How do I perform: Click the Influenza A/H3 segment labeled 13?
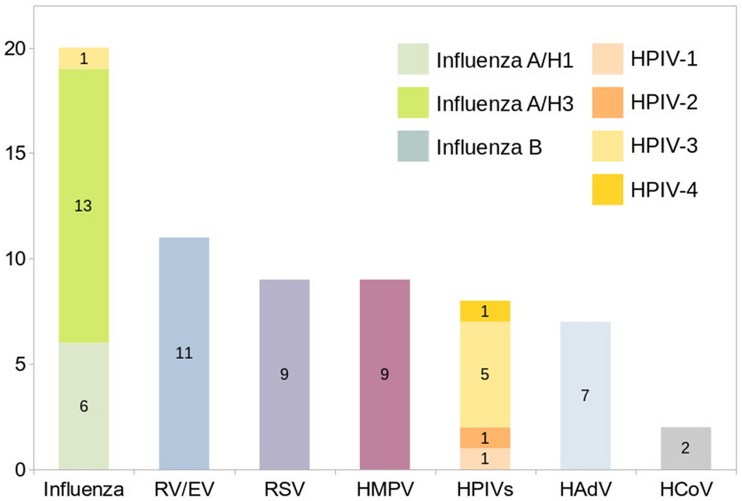84,206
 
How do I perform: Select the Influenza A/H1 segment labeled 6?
84,406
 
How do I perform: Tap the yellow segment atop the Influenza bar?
84,59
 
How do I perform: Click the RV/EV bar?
184,353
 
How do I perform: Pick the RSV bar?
284,374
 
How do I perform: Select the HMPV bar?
384,374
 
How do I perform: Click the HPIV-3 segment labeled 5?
485,374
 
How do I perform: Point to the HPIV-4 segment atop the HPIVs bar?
485,311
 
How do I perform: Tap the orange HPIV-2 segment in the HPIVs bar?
485,437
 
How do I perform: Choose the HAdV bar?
585,395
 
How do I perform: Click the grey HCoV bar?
686,448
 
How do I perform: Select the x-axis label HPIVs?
485,489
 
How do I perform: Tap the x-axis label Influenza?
84,489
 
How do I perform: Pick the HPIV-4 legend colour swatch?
603,190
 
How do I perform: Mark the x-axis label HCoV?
686,489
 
